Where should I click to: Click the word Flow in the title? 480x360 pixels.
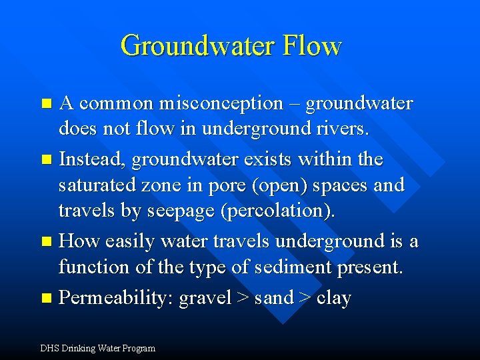pos(311,46)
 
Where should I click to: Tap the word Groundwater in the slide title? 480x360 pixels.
pos(197,46)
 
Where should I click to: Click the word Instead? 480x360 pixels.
pos(91,159)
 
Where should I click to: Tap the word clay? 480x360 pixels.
pos(333,297)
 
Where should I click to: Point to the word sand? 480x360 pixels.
pos(273,297)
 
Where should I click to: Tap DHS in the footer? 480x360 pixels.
pos(49,348)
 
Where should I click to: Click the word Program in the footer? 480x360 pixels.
pos(138,348)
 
